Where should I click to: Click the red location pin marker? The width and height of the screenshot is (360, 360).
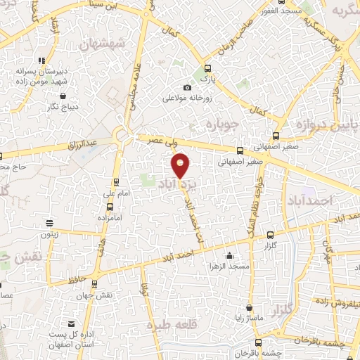[x=181, y=166]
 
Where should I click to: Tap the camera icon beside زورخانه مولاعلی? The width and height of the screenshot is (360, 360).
[x=187, y=87]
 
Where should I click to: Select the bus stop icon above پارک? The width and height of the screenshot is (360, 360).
[x=207, y=69]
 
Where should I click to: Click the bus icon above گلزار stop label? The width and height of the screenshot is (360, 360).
[x=271, y=236]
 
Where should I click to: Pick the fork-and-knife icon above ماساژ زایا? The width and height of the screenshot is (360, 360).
[x=249, y=307]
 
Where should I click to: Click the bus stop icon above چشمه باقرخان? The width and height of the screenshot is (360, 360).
[x=258, y=342]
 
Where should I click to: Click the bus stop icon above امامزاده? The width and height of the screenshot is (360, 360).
[x=110, y=207]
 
